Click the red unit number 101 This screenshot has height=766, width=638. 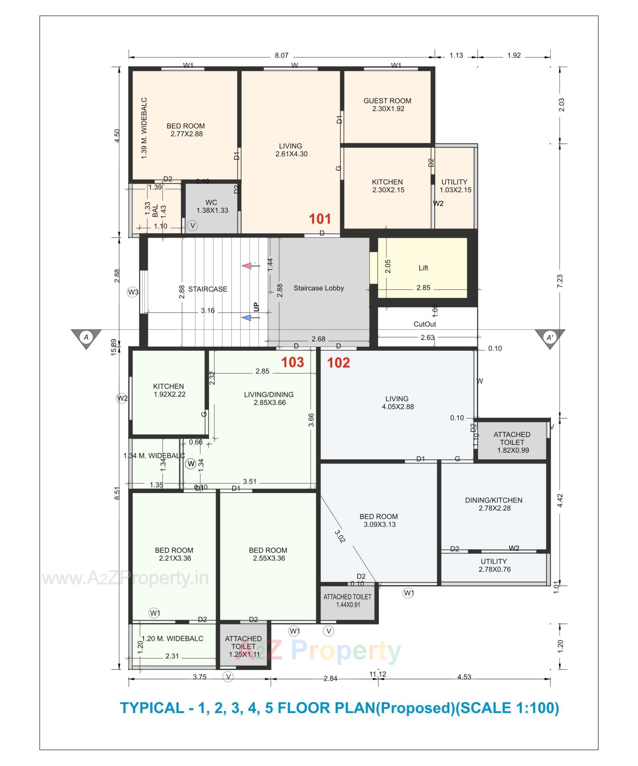[x=320, y=219]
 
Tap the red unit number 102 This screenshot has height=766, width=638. [x=338, y=363]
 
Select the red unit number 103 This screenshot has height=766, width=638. [x=292, y=362]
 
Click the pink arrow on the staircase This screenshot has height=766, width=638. [x=247, y=266]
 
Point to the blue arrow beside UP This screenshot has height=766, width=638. [x=247, y=318]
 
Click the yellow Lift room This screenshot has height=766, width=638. [x=422, y=268]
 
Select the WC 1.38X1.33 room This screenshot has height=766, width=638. [x=212, y=206]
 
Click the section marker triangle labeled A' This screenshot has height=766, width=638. [x=549, y=338]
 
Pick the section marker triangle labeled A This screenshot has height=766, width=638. [x=86, y=338]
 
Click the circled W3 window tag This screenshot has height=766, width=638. [x=133, y=292]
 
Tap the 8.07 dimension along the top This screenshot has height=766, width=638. [x=281, y=55]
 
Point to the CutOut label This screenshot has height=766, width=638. [x=425, y=324]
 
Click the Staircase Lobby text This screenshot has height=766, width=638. [x=318, y=288]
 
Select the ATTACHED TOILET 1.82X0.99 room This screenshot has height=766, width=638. [x=511, y=442]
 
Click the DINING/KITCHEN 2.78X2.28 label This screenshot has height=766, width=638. [x=493, y=504]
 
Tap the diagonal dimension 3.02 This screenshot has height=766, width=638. [x=340, y=536]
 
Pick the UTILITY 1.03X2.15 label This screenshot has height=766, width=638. [x=455, y=186]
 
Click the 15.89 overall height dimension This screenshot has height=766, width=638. [x=113, y=347]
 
